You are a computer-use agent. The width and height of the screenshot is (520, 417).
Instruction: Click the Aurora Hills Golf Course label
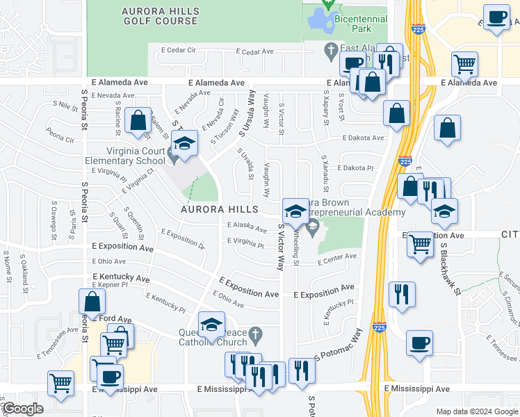tap(161, 17)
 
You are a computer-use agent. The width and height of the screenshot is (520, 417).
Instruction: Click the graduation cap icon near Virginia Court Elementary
tap(184, 145)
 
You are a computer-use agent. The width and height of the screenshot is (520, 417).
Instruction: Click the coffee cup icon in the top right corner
tap(496, 17)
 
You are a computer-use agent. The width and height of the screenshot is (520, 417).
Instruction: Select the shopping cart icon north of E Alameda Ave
tap(464, 65)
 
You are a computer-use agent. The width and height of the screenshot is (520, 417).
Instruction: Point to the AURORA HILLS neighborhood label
tap(220, 208)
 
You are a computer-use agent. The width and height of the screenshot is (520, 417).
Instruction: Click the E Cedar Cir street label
tap(179, 50)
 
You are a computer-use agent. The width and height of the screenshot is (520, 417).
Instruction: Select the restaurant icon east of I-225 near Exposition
tap(402, 295)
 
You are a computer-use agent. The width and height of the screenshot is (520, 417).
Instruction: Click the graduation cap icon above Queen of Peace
tap(211, 324)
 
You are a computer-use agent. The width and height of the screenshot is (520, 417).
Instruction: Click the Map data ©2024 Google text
tap(476, 411)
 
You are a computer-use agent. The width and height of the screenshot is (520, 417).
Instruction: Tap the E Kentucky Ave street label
tap(121, 277)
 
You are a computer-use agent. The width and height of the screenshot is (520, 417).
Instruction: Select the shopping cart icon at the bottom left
tap(61, 383)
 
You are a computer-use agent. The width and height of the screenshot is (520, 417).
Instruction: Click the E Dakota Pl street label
tap(355, 168)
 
